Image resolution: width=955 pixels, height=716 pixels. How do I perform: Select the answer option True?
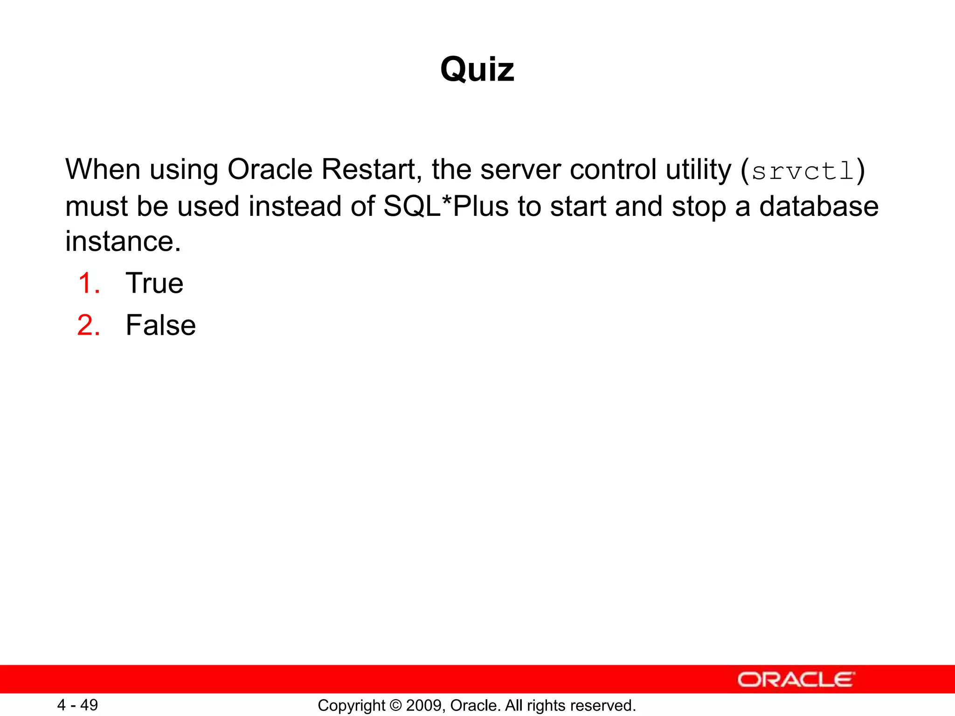tap(154, 283)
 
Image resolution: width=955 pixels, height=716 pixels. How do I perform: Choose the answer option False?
tap(160, 325)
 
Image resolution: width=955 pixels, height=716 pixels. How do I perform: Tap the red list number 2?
tap(89, 325)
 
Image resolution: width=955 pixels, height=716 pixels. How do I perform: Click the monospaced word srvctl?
tap(803, 171)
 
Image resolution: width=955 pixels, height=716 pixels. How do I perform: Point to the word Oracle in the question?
tap(270, 169)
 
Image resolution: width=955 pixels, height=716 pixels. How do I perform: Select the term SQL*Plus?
tap(445, 206)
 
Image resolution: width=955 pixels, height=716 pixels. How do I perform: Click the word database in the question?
tap(819, 206)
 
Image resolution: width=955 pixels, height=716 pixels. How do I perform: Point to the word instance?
tap(123, 241)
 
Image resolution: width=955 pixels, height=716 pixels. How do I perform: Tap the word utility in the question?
tap(698, 169)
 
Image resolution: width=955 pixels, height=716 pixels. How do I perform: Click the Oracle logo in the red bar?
tap(796, 680)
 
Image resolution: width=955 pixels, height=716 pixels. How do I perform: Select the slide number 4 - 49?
tap(77, 705)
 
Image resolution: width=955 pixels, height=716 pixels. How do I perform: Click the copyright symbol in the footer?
tap(395, 706)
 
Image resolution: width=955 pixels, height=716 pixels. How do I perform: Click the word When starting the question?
tap(103, 169)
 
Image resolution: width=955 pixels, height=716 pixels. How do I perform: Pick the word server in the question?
tap(520, 169)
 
